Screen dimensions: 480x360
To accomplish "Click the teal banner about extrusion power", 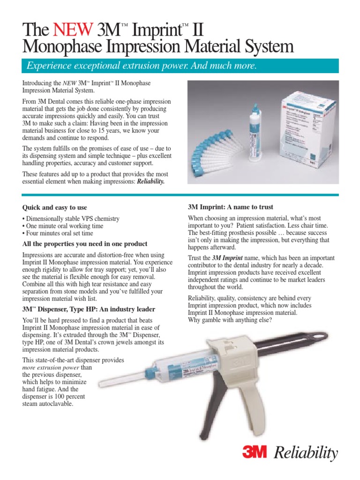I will tap(180, 66).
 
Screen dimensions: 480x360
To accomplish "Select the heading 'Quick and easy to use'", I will tap(54, 207).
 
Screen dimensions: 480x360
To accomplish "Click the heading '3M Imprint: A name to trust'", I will tap(230, 207).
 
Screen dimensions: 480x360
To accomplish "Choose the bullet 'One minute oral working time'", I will tap(63, 226).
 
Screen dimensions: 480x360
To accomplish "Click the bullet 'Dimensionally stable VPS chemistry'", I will tap(71, 219).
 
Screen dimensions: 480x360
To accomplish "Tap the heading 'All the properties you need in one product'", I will tap(85, 244).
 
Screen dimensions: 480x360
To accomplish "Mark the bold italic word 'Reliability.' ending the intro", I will tap(150, 181).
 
